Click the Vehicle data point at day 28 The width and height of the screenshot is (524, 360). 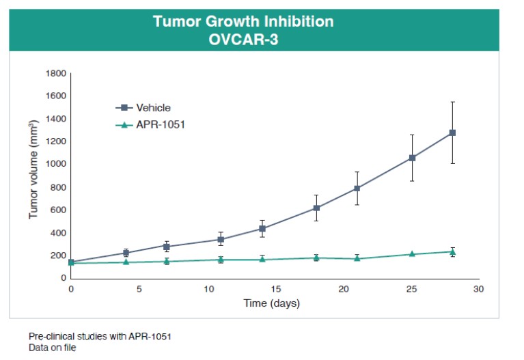coord(452,133)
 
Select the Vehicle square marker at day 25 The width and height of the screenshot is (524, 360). coord(411,158)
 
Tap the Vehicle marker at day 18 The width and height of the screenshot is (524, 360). coord(316,208)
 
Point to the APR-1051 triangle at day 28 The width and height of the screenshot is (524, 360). coord(452,251)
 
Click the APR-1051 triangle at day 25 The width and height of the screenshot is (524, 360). coord(411,254)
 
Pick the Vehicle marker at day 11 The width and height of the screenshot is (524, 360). coord(221,239)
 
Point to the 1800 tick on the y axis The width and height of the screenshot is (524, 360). coord(55,73)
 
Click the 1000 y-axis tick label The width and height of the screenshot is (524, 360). coord(55,164)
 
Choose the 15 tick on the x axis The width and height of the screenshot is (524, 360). coord(275,289)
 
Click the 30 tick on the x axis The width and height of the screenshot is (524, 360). coord(479,289)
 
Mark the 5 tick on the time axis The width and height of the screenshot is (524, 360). coord(139,289)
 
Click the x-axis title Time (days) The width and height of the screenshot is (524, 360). coord(272,303)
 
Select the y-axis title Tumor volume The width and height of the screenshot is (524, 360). coord(33,170)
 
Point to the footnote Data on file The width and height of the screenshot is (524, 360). coord(53,348)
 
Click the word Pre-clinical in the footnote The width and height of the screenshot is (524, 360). coord(48,337)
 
